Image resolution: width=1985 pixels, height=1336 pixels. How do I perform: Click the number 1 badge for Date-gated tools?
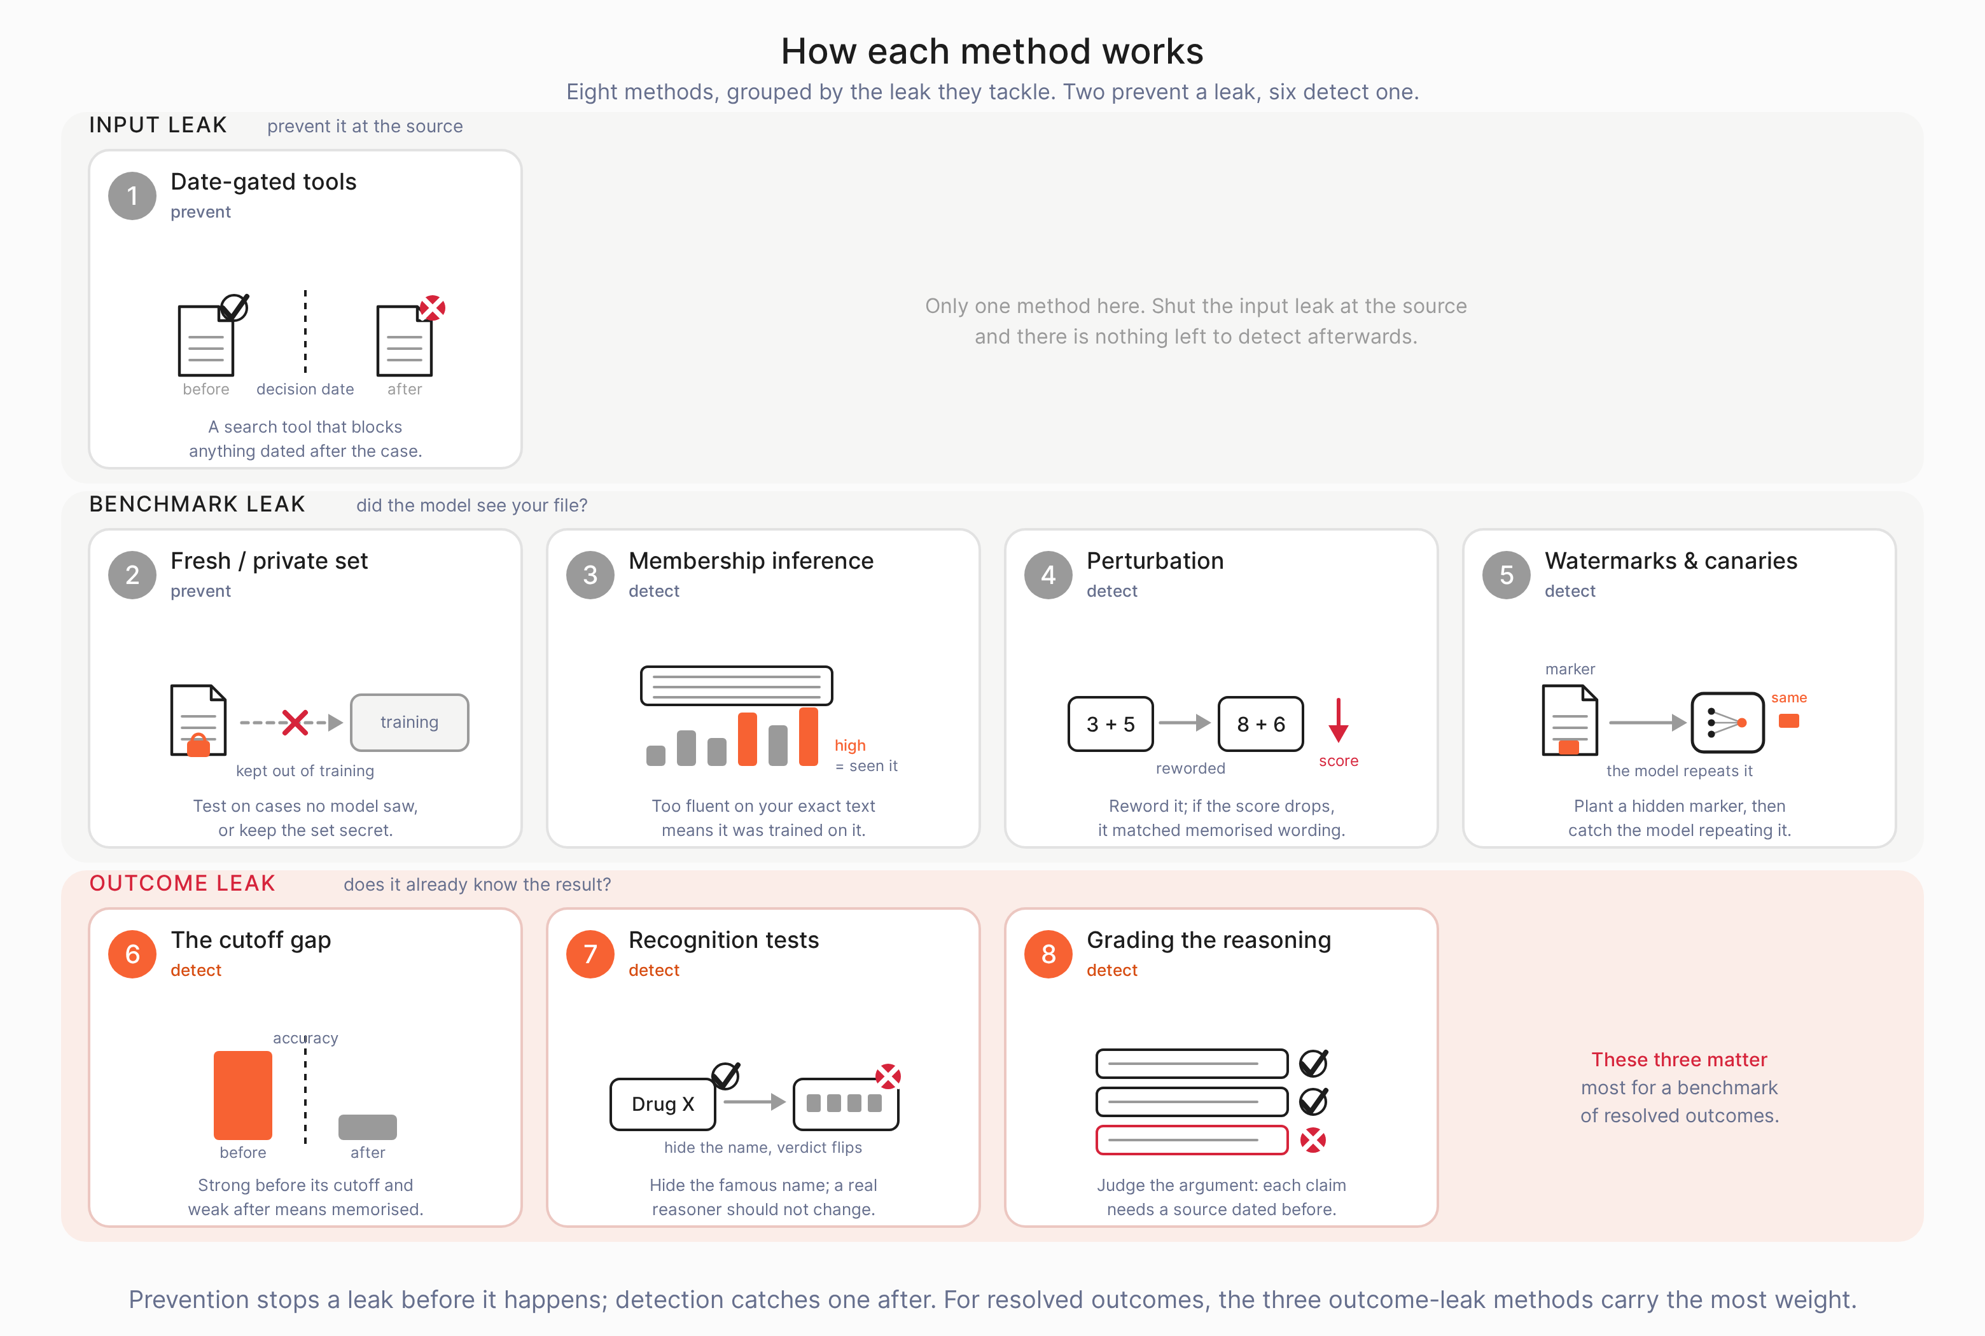pos(132,196)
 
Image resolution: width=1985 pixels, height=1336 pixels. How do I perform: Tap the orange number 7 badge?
pos(590,954)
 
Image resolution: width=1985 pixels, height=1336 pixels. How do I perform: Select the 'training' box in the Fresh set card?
pos(410,723)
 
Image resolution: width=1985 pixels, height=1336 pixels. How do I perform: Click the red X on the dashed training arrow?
pos(295,723)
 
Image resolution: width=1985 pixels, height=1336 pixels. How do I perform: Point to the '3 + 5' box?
pos(1111,724)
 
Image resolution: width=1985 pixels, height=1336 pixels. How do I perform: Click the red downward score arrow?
pos(1339,720)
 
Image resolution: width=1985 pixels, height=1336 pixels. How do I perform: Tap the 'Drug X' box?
pos(663,1104)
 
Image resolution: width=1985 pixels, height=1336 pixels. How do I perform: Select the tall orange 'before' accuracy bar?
pos(243,1095)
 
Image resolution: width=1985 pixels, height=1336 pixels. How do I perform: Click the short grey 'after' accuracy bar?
pos(368,1127)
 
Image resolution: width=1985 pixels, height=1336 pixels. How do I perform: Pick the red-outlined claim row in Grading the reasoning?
pos(1192,1140)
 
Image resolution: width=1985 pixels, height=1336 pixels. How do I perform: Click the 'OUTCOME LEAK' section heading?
pos(183,884)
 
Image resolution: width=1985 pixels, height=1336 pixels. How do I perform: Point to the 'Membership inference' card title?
pos(751,560)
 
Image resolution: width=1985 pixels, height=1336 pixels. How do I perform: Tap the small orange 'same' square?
pos(1789,721)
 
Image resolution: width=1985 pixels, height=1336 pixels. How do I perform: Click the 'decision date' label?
pos(305,389)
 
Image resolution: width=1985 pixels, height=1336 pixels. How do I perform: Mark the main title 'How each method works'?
pos(992,51)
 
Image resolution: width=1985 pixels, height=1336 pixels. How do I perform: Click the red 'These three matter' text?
pos(1679,1060)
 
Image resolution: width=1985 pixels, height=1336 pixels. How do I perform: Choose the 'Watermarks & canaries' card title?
pos(1671,560)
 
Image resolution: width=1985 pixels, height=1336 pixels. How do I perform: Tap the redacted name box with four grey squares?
pos(845,1104)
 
